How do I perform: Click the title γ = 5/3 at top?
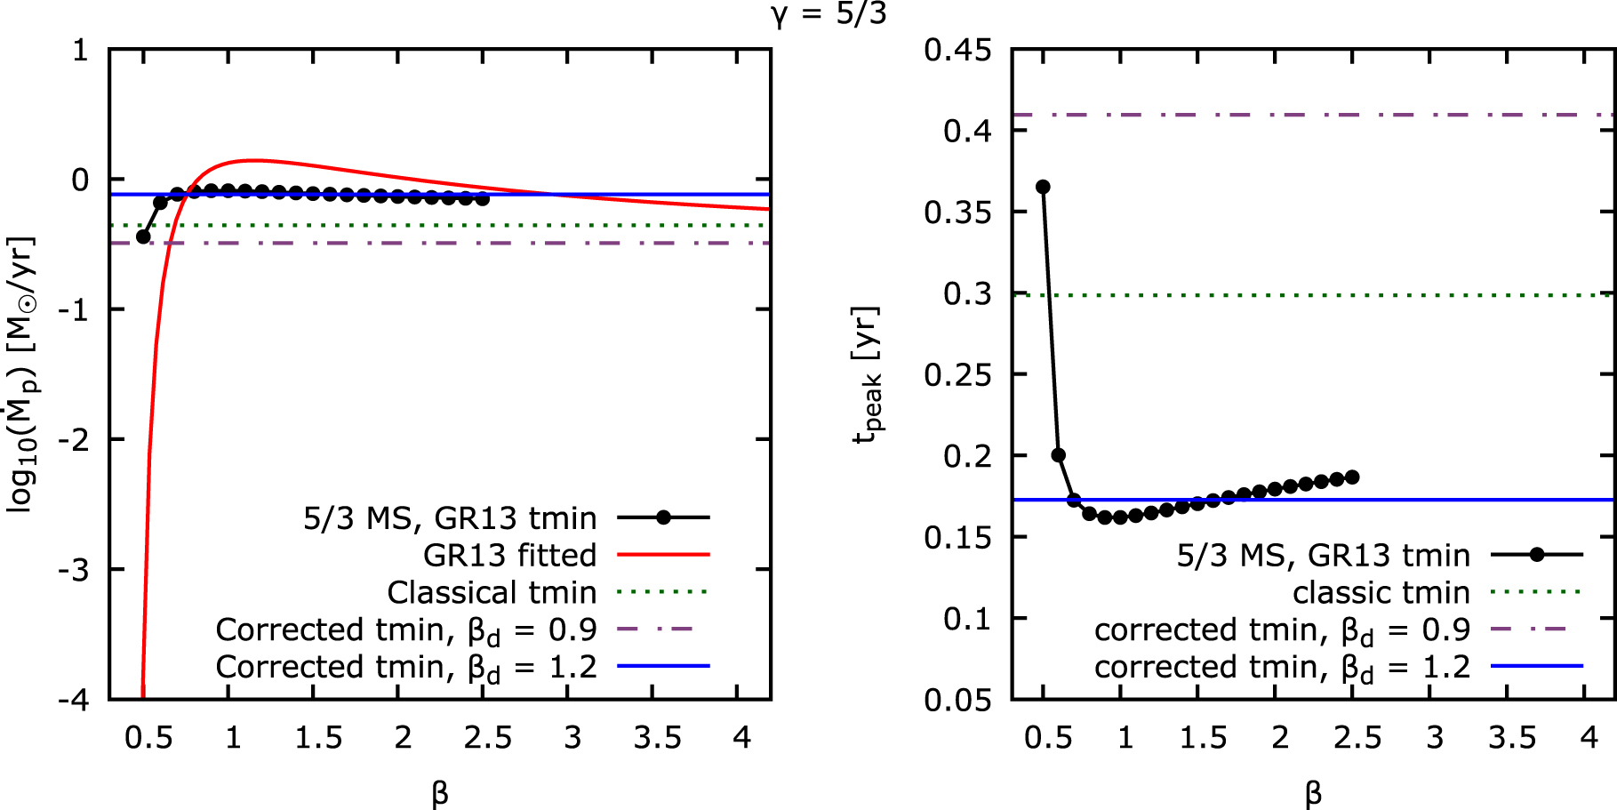[829, 13]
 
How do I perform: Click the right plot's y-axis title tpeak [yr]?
[867, 373]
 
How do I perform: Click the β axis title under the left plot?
[439, 792]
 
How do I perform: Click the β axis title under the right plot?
[1313, 792]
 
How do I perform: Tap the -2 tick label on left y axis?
[74, 439]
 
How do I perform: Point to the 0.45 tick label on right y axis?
[957, 50]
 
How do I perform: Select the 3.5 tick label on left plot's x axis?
[657, 737]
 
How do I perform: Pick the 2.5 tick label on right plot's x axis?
[1357, 737]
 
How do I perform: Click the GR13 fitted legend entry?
[509, 555]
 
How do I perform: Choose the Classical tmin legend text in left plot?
[492, 592]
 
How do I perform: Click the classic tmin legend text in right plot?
[1381, 592]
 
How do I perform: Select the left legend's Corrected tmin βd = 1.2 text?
[406, 667]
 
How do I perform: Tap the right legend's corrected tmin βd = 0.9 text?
[1282, 630]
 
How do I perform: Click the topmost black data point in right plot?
[1044, 187]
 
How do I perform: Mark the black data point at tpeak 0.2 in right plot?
[1059, 455]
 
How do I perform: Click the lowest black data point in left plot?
[143, 237]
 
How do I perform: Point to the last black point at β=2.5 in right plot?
[1352, 477]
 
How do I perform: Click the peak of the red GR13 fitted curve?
[252, 160]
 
